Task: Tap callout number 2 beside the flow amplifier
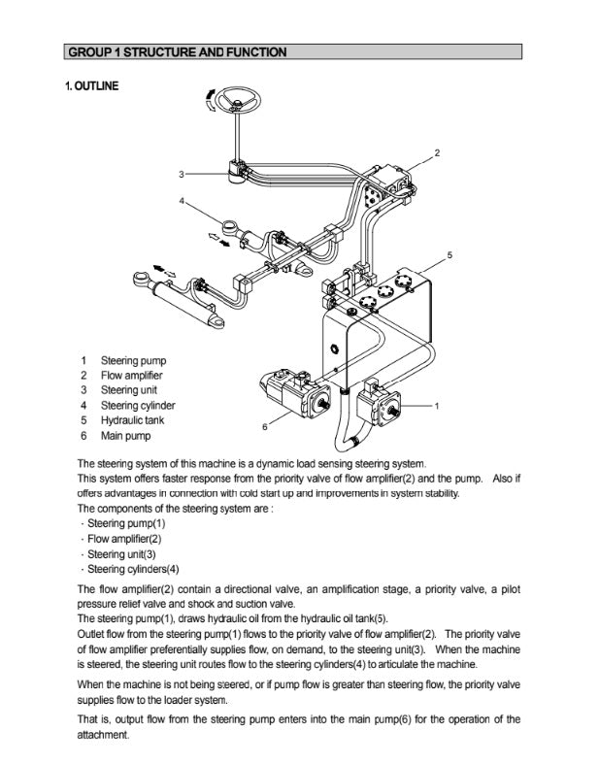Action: tap(437, 153)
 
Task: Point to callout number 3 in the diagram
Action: tap(181, 175)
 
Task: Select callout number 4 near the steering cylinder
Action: tap(182, 201)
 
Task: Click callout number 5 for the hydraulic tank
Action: tap(449, 254)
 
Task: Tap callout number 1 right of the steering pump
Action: tap(438, 405)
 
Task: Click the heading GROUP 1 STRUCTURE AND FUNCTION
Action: tap(177, 51)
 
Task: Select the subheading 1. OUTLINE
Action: tap(92, 86)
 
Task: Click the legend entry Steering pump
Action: tap(133, 361)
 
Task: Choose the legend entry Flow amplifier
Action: tap(131, 376)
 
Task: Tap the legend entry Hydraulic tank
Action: tap(132, 420)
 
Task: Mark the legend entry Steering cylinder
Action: tap(138, 406)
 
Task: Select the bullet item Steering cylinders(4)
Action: tap(133, 569)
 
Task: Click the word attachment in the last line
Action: tap(103, 735)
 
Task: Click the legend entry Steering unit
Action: tap(128, 390)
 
